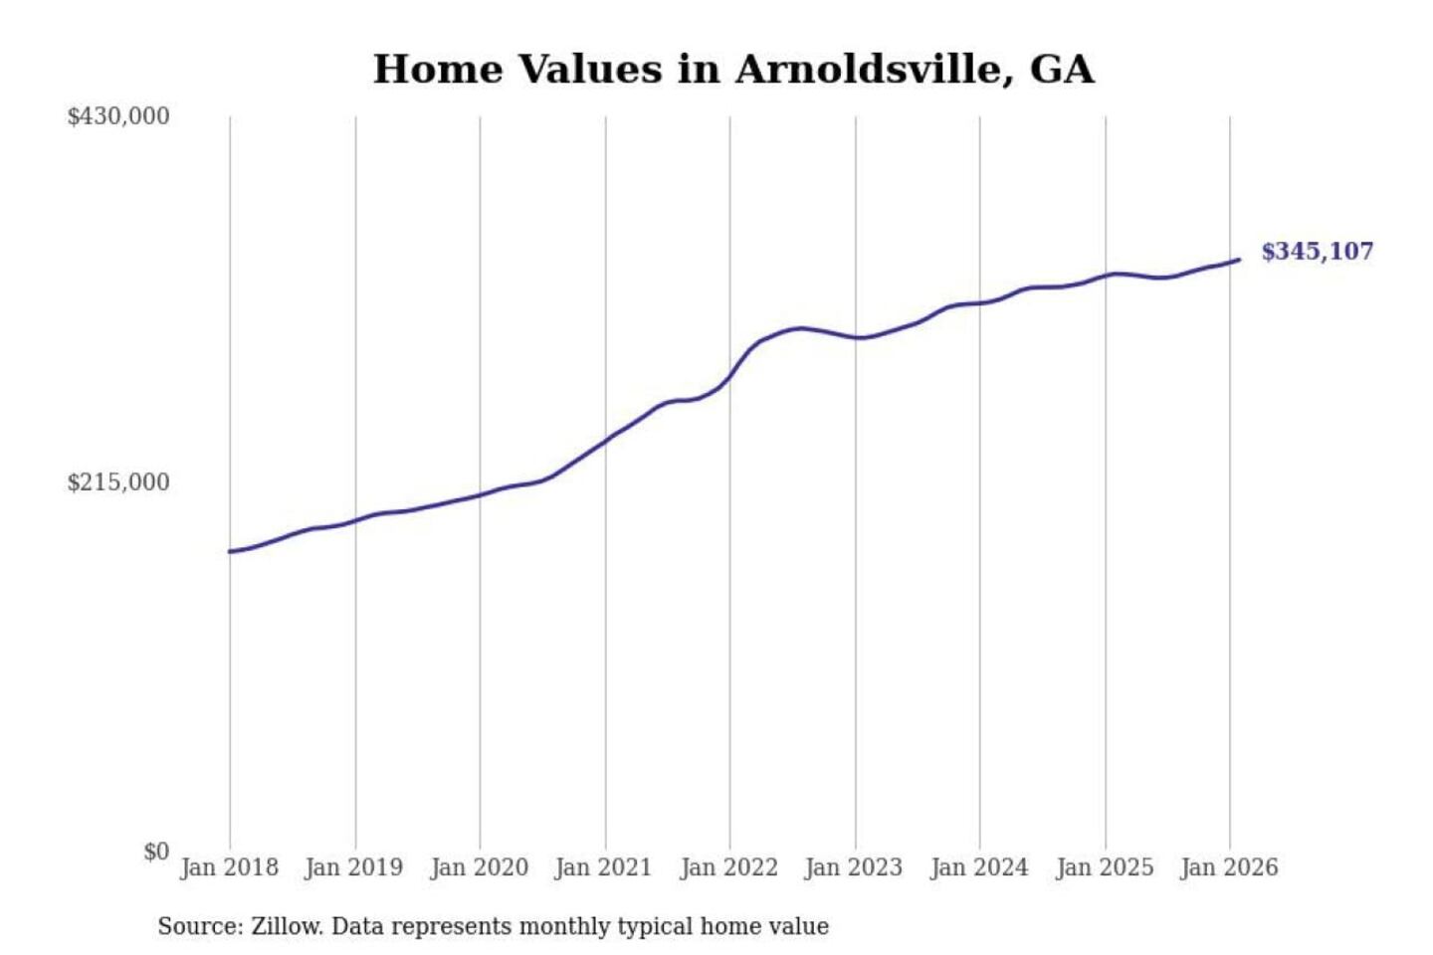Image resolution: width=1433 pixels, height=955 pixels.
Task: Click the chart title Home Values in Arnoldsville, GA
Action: click(x=733, y=70)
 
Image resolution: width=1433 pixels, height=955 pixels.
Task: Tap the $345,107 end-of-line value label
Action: click(x=1317, y=252)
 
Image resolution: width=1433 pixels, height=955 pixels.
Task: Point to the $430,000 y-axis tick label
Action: click(x=118, y=116)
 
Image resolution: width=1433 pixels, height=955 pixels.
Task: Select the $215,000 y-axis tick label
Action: click(x=118, y=482)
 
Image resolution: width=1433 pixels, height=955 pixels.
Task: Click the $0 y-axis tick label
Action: click(x=156, y=852)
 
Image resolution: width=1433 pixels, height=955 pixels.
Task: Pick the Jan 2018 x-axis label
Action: click(x=229, y=867)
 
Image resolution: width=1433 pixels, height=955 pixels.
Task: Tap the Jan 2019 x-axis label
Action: click(x=353, y=867)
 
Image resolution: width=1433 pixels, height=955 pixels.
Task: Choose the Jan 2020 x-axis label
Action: click(x=479, y=867)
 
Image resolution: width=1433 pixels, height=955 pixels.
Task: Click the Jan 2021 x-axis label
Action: click(x=603, y=867)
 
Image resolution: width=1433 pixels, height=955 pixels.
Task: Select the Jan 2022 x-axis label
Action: click(x=728, y=867)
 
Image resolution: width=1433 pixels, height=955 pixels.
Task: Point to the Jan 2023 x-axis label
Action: click(x=853, y=867)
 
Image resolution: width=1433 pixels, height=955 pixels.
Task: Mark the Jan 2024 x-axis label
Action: click(x=978, y=867)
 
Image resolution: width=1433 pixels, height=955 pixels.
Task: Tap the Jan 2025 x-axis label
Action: click(x=1104, y=867)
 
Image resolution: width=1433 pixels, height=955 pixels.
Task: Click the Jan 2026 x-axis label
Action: click(x=1228, y=867)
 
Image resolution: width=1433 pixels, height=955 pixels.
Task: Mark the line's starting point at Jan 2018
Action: click(x=231, y=551)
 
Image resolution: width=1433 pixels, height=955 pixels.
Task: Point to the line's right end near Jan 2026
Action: click(x=1239, y=260)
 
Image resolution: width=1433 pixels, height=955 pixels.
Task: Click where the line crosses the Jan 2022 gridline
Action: click(x=729, y=377)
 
